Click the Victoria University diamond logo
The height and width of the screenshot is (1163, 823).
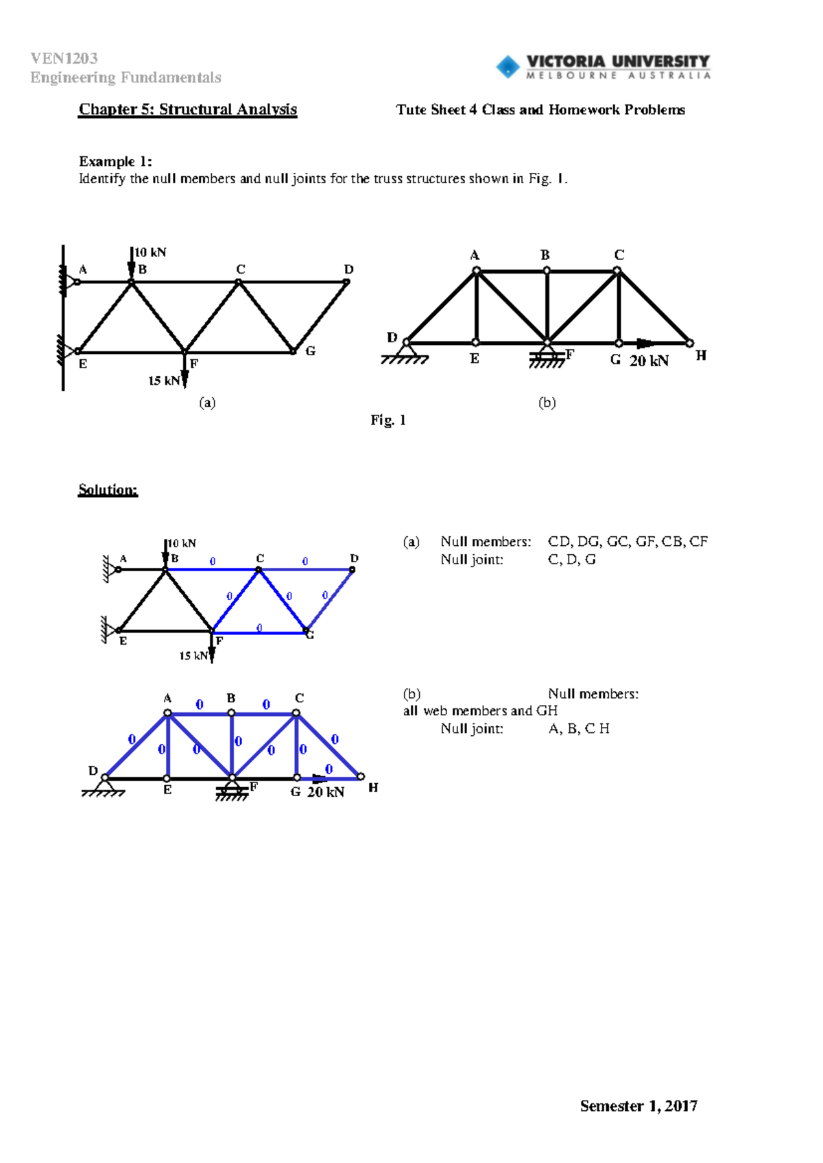[508, 67]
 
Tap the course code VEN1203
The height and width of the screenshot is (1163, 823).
[64, 58]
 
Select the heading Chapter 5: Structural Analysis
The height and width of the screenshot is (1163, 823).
[187, 110]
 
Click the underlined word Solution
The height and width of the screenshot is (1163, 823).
[108, 490]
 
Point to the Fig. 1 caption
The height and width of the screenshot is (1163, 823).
[388, 420]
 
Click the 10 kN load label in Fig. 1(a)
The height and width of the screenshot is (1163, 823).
[150, 252]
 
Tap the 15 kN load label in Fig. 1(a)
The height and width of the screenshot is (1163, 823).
[164, 381]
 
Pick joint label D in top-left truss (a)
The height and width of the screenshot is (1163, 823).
[348, 269]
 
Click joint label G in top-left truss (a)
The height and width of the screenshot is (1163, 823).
[310, 351]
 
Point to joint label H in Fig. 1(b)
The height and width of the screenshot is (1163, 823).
[700, 355]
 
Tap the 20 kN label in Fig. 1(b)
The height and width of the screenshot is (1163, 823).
[649, 361]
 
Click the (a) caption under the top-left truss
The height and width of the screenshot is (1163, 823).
[207, 403]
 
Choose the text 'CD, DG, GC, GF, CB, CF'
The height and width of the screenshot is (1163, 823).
[628, 542]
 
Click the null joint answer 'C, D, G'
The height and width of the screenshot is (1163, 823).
[571, 560]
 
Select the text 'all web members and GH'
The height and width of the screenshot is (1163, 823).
[480, 711]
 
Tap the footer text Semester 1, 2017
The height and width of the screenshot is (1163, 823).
[639, 1105]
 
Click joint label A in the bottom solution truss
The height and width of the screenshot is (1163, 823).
[167, 699]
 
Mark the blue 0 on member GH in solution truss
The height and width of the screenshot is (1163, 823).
[329, 769]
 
